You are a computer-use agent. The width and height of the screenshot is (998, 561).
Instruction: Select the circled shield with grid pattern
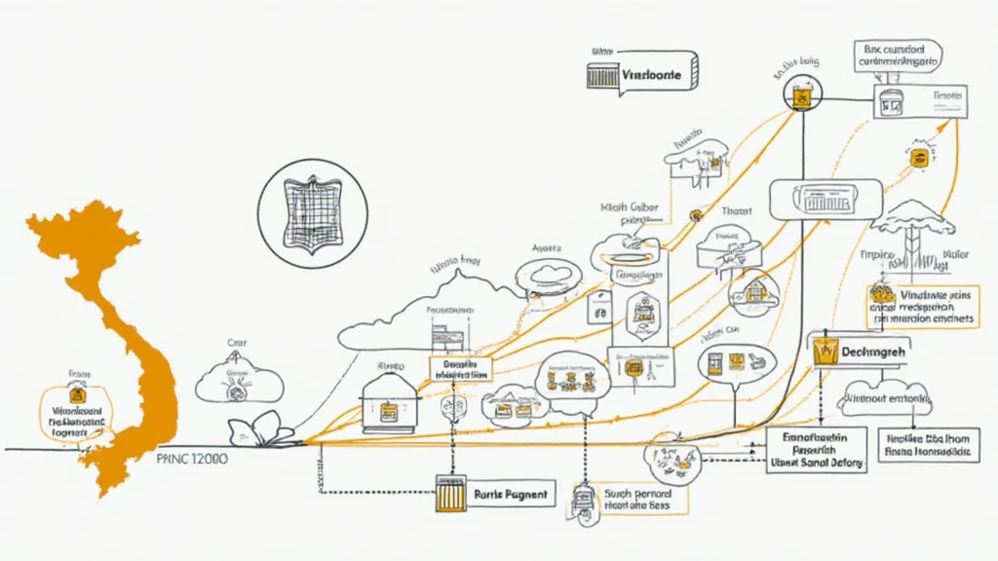[x=313, y=213]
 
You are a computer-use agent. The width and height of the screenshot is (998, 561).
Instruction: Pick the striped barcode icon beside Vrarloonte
[x=603, y=76]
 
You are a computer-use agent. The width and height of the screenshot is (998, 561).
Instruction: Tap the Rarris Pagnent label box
[x=511, y=494]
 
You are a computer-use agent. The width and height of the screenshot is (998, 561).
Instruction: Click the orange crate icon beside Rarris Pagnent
[x=450, y=494]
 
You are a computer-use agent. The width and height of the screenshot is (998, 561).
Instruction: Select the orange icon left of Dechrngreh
[x=825, y=353]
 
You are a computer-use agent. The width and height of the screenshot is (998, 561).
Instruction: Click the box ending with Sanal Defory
[x=816, y=450]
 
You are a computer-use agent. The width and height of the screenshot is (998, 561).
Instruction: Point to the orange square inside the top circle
[x=803, y=96]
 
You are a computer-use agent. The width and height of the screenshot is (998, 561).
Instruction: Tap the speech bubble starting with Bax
[x=898, y=56]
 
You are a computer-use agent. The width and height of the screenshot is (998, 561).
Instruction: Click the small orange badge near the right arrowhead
[x=917, y=157]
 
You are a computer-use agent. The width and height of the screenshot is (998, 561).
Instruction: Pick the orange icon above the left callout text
[x=78, y=395]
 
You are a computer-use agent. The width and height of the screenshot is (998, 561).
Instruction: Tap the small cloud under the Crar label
[x=239, y=382]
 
